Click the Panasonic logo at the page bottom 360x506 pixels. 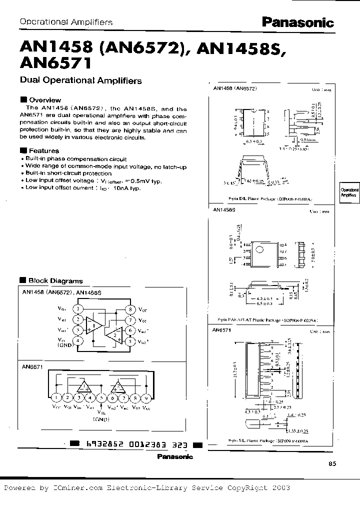click(x=174, y=456)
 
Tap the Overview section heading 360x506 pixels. click(x=44, y=100)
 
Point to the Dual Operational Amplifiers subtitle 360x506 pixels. click(x=80, y=80)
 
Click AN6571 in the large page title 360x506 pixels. click(x=54, y=63)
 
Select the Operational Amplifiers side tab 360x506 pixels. click(x=349, y=193)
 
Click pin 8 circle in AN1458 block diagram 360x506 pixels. click(x=130, y=309)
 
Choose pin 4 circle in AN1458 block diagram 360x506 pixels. click(x=78, y=341)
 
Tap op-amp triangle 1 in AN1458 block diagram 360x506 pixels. click(x=94, y=325)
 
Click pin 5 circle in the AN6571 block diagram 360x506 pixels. click(x=101, y=398)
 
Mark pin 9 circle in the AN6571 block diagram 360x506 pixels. click(x=145, y=398)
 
